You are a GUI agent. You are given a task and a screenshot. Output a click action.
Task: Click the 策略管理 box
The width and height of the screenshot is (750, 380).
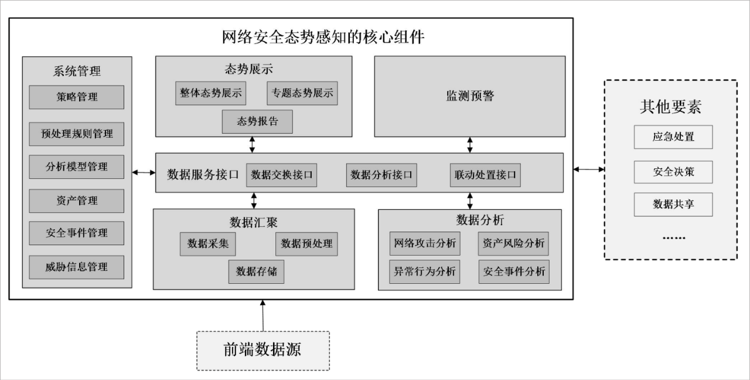[77, 97]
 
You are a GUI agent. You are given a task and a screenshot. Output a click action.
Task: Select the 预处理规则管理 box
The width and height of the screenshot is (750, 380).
[77, 134]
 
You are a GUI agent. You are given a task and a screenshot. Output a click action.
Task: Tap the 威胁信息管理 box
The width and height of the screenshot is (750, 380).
[77, 267]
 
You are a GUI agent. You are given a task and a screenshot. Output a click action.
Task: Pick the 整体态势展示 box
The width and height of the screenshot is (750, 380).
[211, 93]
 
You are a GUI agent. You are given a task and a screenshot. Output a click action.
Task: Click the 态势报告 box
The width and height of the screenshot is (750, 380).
[257, 122]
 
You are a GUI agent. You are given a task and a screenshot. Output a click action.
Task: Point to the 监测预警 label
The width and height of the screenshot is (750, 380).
[470, 96]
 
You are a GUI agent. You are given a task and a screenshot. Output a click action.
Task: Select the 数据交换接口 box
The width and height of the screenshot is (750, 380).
[282, 175]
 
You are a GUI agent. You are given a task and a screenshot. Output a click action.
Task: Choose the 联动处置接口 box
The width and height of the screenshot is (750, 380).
[485, 175]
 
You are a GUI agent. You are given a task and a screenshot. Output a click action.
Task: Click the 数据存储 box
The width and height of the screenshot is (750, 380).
[256, 272]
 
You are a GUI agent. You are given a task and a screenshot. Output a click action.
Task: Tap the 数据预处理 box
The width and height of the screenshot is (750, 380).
[306, 244]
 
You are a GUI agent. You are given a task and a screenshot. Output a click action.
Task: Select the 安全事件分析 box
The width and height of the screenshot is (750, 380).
[514, 272]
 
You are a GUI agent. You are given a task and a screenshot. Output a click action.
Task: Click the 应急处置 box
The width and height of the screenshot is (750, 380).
[673, 137]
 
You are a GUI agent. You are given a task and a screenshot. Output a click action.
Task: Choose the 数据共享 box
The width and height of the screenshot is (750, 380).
[673, 204]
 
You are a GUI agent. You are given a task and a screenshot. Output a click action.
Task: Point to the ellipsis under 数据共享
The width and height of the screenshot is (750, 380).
[673, 238]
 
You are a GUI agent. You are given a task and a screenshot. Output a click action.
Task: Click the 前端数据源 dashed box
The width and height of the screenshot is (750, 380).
[262, 350]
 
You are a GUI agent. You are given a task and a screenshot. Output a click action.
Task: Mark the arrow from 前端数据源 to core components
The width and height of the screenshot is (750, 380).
[262, 315]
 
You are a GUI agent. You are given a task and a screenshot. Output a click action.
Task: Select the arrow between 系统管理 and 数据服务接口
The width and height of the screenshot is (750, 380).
[144, 172]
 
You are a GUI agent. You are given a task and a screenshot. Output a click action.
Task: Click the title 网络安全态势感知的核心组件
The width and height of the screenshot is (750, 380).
[323, 38]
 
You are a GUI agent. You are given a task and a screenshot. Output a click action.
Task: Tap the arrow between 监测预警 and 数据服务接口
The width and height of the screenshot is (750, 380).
[470, 145]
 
